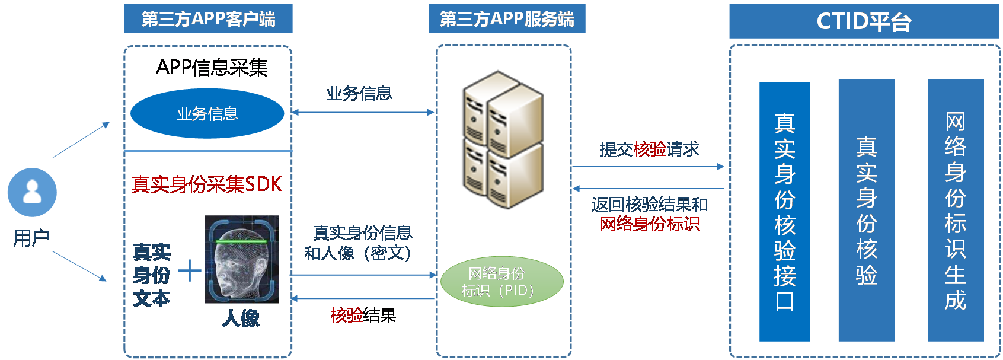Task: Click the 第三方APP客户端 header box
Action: [x=208, y=18]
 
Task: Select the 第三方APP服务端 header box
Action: [x=507, y=18]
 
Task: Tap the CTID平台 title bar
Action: [x=864, y=21]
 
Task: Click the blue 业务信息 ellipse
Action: [x=207, y=113]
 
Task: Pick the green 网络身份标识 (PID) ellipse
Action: [x=502, y=282]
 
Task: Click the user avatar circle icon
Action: [x=32, y=192]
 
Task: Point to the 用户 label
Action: [x=31, y=238]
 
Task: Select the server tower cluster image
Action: [x=502, y=139]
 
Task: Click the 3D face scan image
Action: [x=242, y=259]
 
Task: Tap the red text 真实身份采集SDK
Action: [x=207, y=184]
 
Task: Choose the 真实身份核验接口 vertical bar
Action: [x=784, y=212]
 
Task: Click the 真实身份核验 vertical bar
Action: [x=866, y=211]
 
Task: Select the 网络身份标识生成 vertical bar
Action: [x=955, y=211]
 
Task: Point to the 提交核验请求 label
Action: [x=649, y=149]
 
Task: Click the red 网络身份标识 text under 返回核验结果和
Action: [x=650, y=224]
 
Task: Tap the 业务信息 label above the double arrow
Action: [x=359, y=93]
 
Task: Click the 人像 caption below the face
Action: [x=241, y=318]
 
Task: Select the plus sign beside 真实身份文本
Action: [x=189, y=270]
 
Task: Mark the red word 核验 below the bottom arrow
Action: [x=347, y=316]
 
